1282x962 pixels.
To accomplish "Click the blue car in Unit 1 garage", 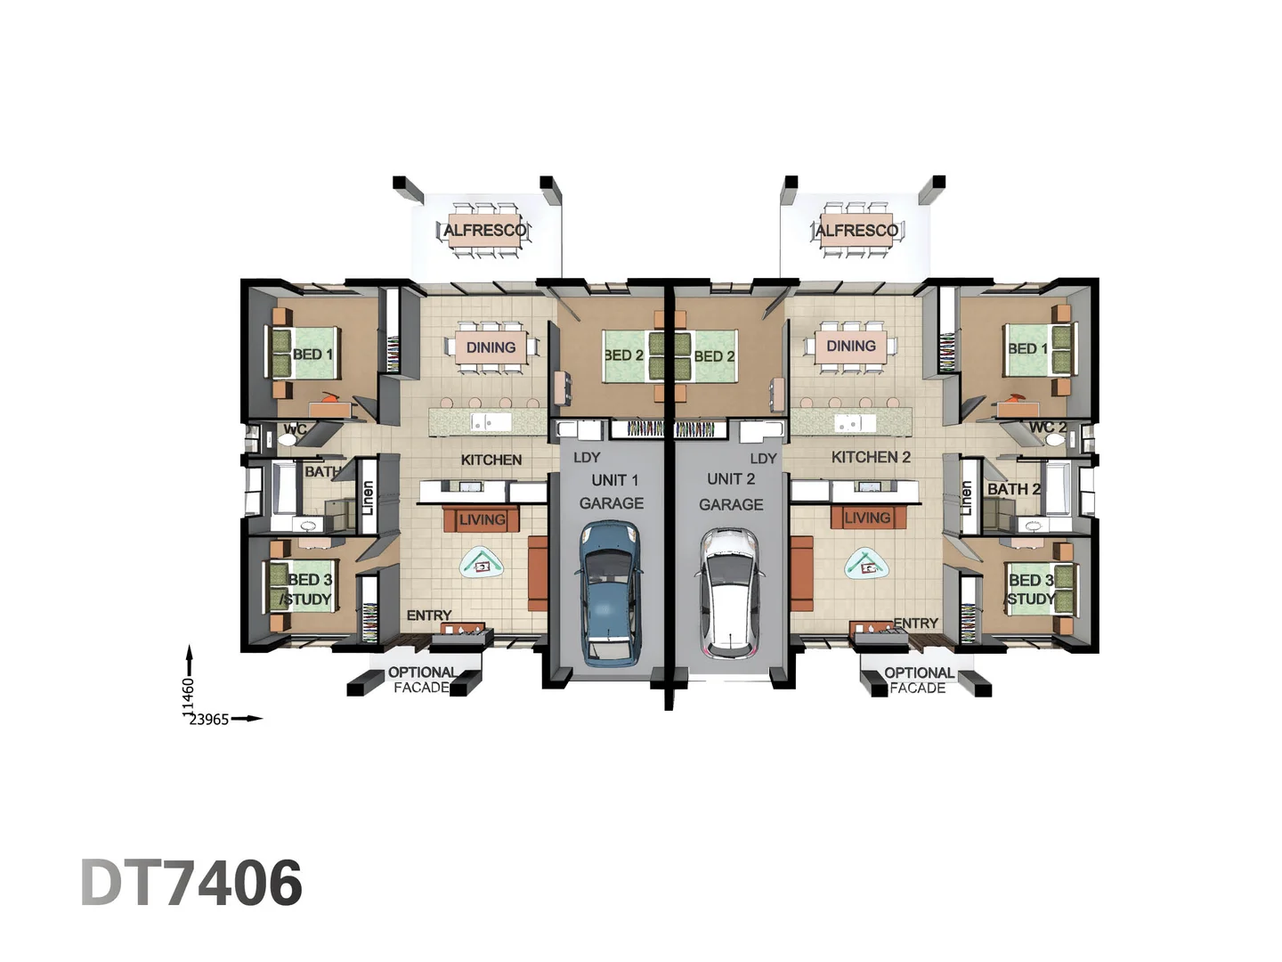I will [x=610, y=592].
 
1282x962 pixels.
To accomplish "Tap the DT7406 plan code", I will [x=191, y=883].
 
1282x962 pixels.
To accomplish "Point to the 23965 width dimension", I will [x=209, y=720].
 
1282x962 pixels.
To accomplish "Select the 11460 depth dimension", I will [x=188, y=696].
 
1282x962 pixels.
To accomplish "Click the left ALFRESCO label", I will [x=484, y=230].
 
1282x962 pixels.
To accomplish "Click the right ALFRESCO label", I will [x=856, y=230].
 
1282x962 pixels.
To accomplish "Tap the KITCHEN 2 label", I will [x=871, y=457].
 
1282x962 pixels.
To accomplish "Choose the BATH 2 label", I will [x=1013, y=489].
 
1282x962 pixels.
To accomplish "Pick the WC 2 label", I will [x=1047, y=428].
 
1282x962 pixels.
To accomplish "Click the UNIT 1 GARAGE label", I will [x=613, y=492].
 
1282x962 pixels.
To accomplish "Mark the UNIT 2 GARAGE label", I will [x=731, y=492].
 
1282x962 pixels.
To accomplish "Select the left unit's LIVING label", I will [x=483, y=519].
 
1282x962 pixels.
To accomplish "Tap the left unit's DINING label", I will [x=491, y=347].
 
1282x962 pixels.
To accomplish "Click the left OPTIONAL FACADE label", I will [x=422, y=680].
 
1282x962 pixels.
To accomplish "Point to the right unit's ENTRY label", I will [x=915, y=623].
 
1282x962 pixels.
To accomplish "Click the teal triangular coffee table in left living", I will [x=482, y=563].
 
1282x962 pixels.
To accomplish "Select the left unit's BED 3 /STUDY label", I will [x=308, y=590].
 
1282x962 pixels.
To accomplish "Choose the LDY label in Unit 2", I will [x=763, y=459].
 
